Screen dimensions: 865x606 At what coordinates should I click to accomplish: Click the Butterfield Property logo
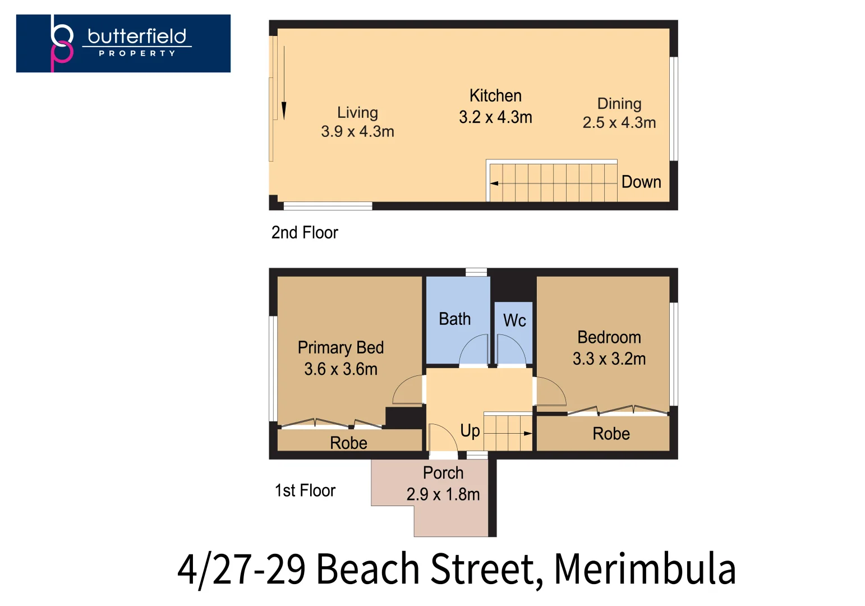123,43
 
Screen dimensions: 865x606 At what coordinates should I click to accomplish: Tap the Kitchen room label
495,95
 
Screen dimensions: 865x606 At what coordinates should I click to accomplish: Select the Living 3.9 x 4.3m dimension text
357,132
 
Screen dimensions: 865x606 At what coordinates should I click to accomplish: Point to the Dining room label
619,103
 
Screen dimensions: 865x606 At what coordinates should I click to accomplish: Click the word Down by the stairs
641,182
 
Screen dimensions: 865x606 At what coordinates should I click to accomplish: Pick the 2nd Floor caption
305,232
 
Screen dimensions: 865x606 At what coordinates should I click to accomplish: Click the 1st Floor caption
305,490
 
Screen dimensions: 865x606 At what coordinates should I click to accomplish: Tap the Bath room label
454,319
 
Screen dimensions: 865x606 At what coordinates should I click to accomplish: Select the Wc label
514,320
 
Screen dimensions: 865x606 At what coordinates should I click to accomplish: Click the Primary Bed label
341,348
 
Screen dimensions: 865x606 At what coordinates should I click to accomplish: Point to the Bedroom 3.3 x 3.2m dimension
609,359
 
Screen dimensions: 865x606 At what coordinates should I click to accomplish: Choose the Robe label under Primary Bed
348,443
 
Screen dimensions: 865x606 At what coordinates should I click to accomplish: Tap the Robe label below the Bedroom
611,434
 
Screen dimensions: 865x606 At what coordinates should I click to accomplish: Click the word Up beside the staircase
470,431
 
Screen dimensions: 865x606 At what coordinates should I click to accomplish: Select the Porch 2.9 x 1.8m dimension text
443,494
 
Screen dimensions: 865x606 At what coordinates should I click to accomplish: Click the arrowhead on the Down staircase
494,183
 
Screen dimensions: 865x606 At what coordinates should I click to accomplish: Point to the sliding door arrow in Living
284,82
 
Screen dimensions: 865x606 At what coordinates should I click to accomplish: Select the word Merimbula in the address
645,569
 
